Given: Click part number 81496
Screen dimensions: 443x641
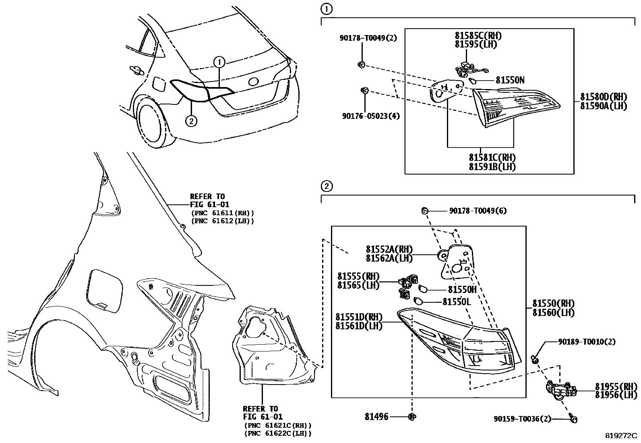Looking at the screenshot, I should (x=376, y=417).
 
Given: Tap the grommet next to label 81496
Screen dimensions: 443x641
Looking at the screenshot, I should (x=412, y=417).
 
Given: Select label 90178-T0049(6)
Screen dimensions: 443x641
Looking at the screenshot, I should (x=478, y=211).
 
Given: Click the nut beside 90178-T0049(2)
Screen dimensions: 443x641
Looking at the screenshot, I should (x=361, y=64).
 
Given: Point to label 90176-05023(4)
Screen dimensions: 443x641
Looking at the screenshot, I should (x=371, y=116).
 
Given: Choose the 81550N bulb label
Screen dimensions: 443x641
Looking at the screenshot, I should (x=510, y=81).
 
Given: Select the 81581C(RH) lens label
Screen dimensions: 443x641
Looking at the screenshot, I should (x=492, y=158).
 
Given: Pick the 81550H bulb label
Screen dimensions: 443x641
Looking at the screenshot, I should (x=462, y=289).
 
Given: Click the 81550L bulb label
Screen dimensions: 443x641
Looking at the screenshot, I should (x=457, y=302).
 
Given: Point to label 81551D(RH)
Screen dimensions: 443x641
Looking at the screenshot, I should (x=359, y=317).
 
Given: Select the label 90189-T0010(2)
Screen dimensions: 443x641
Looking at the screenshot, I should (x=587, y=342).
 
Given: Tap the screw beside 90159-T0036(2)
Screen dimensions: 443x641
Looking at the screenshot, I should (x=574, y=419).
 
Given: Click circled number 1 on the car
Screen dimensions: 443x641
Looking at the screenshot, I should (x=219, y=62).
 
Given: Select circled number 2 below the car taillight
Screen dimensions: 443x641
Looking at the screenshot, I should (x=191, y=121).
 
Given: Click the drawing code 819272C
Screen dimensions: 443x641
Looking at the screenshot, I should (x=621, y=436).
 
